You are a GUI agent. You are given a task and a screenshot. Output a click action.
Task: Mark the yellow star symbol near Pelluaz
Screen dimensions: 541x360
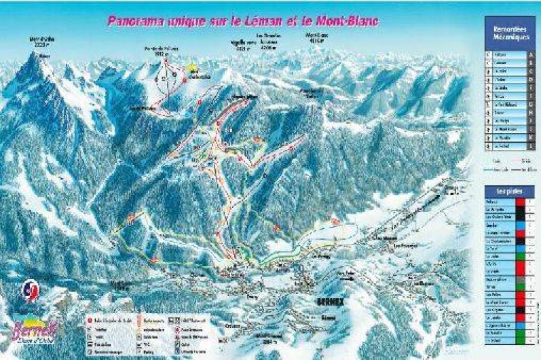(x=191, y=69)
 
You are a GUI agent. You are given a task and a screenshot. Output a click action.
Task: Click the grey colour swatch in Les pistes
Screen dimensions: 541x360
(x=521, y=278)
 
